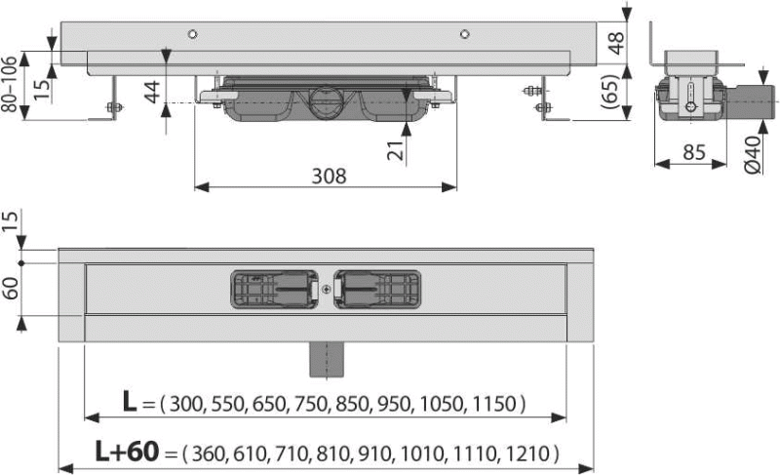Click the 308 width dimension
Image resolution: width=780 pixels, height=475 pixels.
coord(329,177)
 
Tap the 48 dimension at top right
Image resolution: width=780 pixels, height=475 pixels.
coord(616,43)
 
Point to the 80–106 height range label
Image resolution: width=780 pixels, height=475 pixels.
coord(10,84)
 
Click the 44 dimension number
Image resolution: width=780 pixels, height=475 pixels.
coord(152,92)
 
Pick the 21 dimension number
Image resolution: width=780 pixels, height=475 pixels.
coord(396,150)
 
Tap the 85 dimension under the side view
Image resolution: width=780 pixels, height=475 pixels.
coord(694,152)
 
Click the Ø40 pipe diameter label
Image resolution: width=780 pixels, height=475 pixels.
coord(753,155)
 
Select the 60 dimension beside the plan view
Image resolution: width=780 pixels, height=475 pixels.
coord(11,288)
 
